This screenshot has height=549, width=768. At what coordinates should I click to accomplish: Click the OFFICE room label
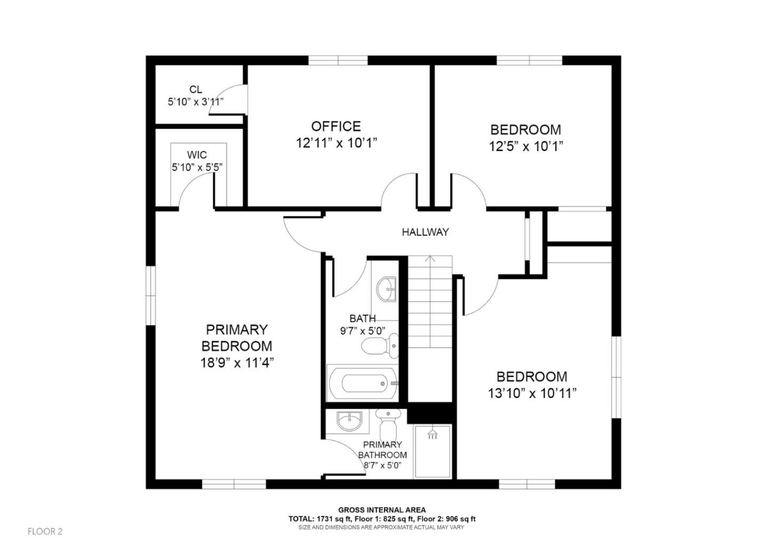(336, 126)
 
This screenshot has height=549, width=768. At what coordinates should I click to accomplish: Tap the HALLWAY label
(425, 232)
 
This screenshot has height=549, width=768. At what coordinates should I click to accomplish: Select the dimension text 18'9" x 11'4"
(237, 363)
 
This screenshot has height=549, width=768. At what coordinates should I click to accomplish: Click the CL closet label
(196, 90)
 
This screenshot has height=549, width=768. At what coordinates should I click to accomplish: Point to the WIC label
(197, 155)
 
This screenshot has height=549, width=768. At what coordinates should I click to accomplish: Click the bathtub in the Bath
(362, 383)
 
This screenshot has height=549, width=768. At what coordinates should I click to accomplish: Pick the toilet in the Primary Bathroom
(388, 424)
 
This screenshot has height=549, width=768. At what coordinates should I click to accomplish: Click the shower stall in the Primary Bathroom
(433, 451)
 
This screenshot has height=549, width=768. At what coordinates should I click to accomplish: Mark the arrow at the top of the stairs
(430, 260)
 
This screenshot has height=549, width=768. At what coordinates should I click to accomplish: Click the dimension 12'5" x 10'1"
(526, 146)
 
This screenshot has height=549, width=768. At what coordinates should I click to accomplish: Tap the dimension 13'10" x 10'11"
(532, 394)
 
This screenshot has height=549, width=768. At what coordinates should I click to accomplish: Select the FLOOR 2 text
(45, 531)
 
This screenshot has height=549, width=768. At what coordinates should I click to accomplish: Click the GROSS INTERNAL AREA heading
(382, 510)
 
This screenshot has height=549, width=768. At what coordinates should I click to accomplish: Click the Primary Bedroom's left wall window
(151, 296)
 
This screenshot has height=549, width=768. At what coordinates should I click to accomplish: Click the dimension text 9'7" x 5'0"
(363, 331)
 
